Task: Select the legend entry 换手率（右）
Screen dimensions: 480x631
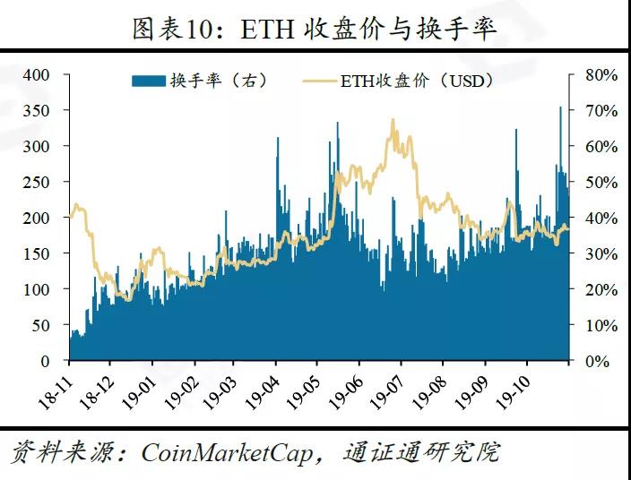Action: (x=218, y=81)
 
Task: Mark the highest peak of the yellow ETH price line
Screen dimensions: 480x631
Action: (x=393, y=120)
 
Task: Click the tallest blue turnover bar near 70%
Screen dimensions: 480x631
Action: (x=561, y=108)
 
